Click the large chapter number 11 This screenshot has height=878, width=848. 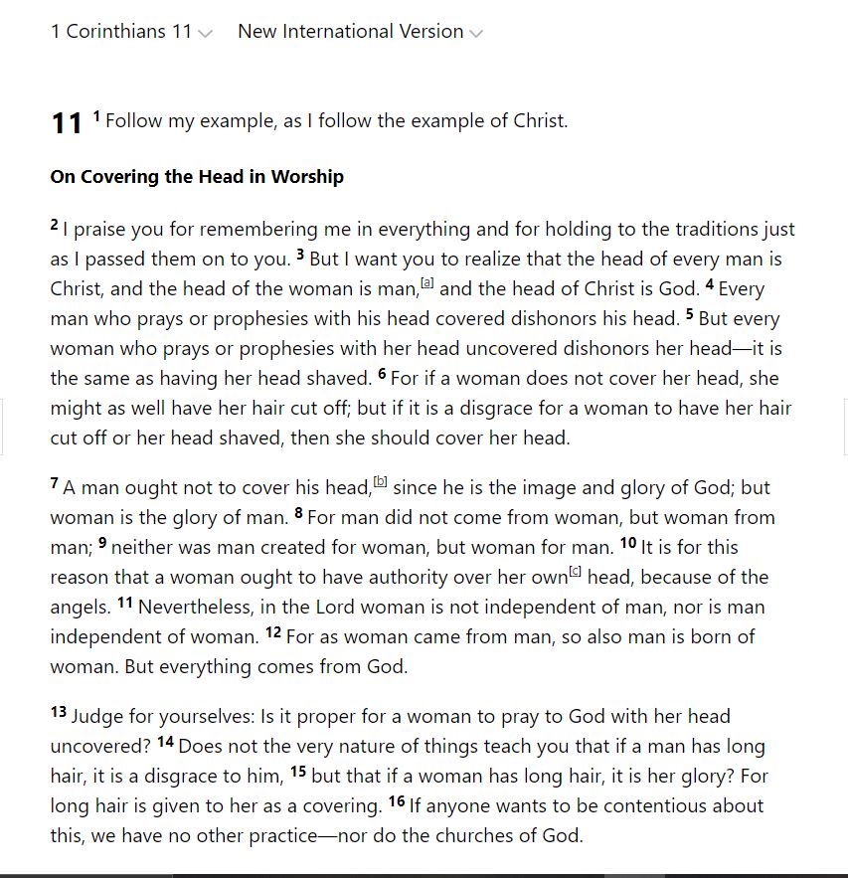(x=67, y=123)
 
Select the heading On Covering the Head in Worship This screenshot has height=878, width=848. (x=197, y=177)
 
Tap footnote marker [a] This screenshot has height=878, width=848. (x=427, y=283)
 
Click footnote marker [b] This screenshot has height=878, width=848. (x=380, y=482)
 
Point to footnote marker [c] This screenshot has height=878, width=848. (x=575, y=572)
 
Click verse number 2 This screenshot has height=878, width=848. (x=55, y=226)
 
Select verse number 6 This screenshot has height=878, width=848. (x=382, y=375)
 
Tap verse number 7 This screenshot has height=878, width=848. (x=55, y=484)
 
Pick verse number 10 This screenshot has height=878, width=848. (x=628, y=543)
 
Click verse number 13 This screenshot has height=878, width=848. (x=59, y=712)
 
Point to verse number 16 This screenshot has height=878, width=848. (x=397, y=801)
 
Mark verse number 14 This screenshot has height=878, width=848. (x=165, y=742)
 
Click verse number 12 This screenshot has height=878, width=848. (x=273, y=632)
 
